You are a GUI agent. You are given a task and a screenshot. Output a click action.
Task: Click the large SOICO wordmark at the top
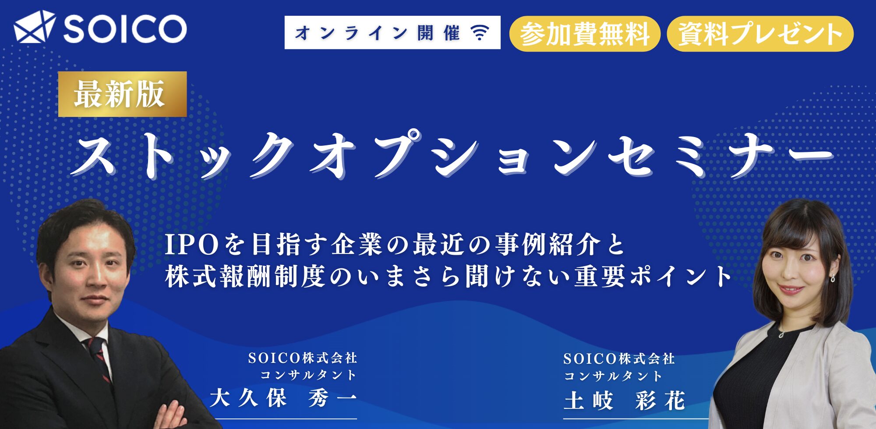click(x=125, y=28)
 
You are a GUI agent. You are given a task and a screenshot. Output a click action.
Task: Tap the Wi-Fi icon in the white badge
click(x=480, y=32)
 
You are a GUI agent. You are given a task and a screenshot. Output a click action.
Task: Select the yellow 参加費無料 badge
click(x=585, y=34)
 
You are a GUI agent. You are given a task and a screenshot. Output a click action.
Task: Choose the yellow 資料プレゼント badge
click(x=760, y=34)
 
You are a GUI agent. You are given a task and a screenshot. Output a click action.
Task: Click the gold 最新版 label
click(x=123, y=94)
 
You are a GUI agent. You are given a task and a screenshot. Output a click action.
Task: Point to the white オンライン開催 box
click(x=392, y=32)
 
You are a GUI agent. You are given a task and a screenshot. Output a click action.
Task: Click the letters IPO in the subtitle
click(x=192, y=245)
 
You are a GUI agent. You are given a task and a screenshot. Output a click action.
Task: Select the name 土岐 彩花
click(x=625, y=400)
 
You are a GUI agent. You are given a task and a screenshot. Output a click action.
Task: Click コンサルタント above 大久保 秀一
click(x=308, y=375)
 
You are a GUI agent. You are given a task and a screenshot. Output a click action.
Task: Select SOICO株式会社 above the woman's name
click(x=619, y=359)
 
